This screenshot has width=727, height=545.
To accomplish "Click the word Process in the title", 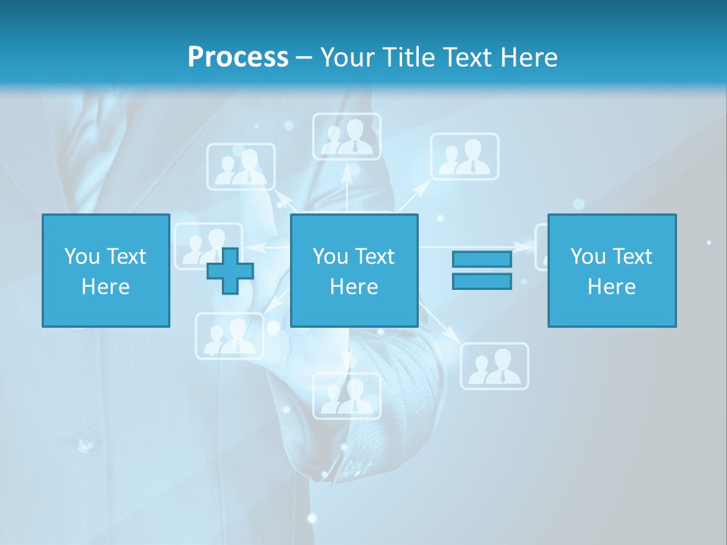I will click(x=238, y=57).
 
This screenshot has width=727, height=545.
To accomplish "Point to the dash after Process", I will click(x=304, y=58).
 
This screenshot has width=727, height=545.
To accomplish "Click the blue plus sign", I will click(x=230, y=271).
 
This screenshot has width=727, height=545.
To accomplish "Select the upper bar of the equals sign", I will click(x=482, y=259).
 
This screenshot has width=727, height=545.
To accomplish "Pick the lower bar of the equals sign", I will click(x=482, y=281).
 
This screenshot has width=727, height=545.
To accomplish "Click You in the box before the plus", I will click(x=82, y=257).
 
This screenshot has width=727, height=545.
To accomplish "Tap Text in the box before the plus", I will click(x=126, y=257).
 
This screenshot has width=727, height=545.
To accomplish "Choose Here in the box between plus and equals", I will click(x=354, y=287).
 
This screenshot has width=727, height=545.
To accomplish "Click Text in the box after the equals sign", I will click(x=632, y=257).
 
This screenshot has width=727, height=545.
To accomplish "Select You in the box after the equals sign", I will click(x=588, y=257).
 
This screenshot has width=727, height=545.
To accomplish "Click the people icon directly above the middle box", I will click(x=347, y=137).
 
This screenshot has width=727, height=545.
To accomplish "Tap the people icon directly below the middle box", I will click(x=347, y=395).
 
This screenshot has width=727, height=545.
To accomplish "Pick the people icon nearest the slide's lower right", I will click(x=495, y=366).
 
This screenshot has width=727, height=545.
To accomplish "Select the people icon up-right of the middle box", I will click(x=464, y=157).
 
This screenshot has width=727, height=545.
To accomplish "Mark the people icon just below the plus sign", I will click(x=229, y=336).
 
